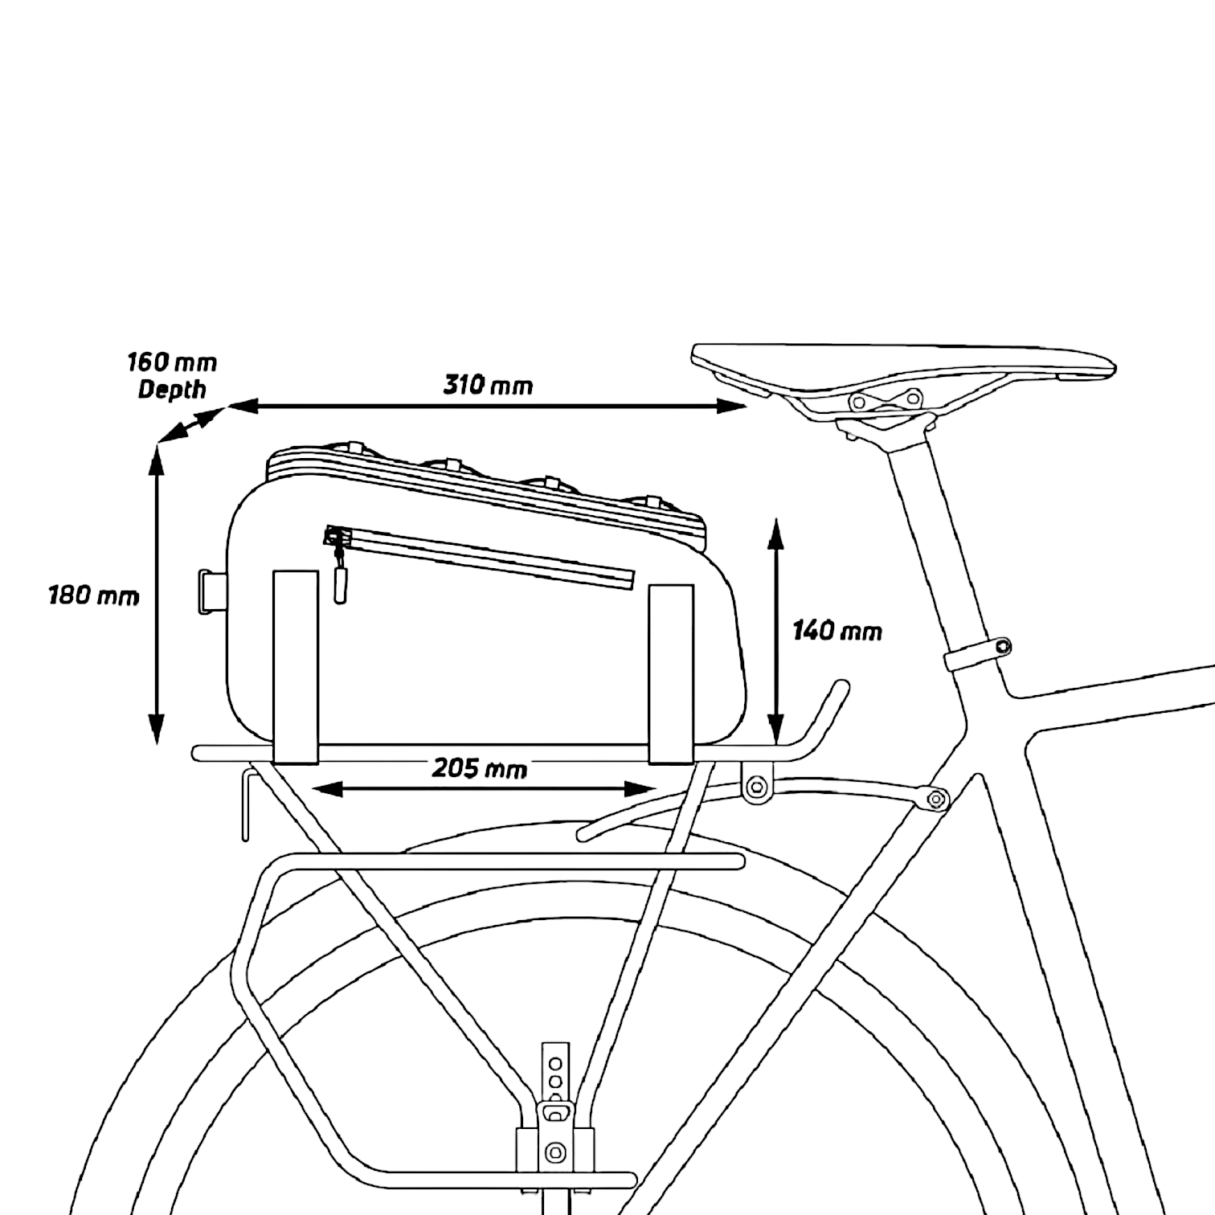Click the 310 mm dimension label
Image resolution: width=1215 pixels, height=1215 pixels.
coord(488,385)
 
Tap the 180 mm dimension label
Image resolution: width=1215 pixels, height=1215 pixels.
coord(93,595)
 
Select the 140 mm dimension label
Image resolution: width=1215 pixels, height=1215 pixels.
coord(837,631)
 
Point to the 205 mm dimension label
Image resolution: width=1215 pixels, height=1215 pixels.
coord(480,768)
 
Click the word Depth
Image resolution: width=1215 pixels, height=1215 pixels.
coord(172,390)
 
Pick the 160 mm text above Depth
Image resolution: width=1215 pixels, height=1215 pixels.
coord(172,362)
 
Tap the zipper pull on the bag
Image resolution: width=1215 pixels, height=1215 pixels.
coord(341,575)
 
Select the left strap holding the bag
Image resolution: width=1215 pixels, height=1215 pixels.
coord(296,666)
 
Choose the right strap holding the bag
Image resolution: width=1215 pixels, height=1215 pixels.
coord(671,673)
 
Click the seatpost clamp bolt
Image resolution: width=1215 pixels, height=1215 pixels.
coord(1001,646)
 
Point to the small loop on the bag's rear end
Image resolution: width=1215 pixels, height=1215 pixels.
coord(212,592)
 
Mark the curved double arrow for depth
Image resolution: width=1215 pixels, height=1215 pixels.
coord(190,424)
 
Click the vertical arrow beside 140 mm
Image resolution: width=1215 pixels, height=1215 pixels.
coord(775,632)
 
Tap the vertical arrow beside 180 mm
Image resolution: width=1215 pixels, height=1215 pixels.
coord(156,595)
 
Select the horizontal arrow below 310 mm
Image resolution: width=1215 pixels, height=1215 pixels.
coord(488,407)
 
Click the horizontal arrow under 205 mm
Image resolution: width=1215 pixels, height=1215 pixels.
coord(484,790)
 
